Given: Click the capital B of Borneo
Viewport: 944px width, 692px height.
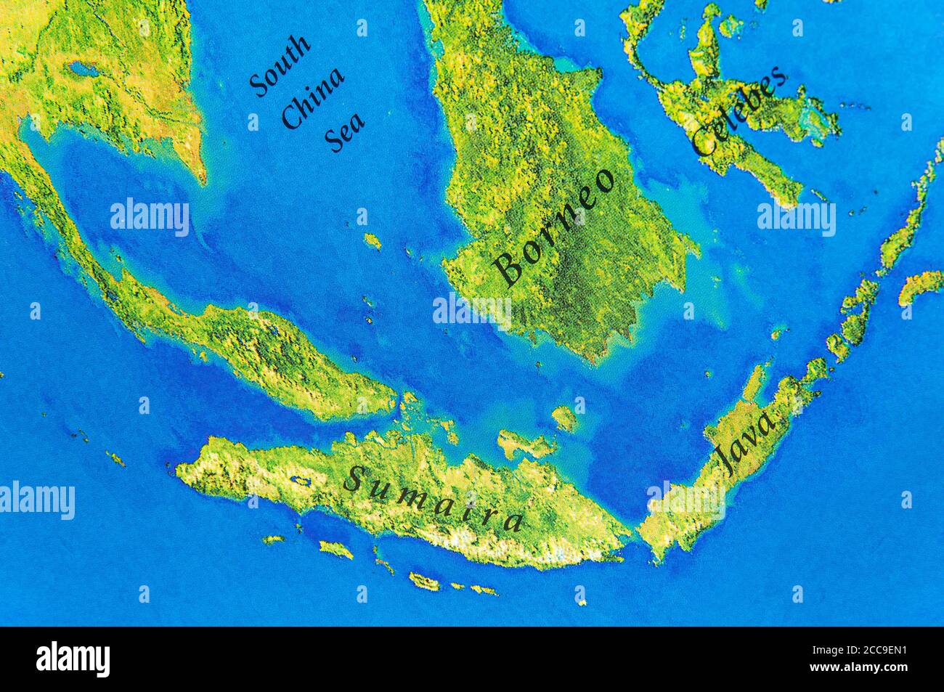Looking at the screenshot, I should (509, 268).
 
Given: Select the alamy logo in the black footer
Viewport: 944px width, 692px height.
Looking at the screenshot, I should (73, 659).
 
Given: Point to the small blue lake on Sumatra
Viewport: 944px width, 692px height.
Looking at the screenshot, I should (298, 480).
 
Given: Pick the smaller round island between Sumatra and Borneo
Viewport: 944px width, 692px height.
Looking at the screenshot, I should (564, 417).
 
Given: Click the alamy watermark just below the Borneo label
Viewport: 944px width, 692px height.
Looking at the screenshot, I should (472, 311).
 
